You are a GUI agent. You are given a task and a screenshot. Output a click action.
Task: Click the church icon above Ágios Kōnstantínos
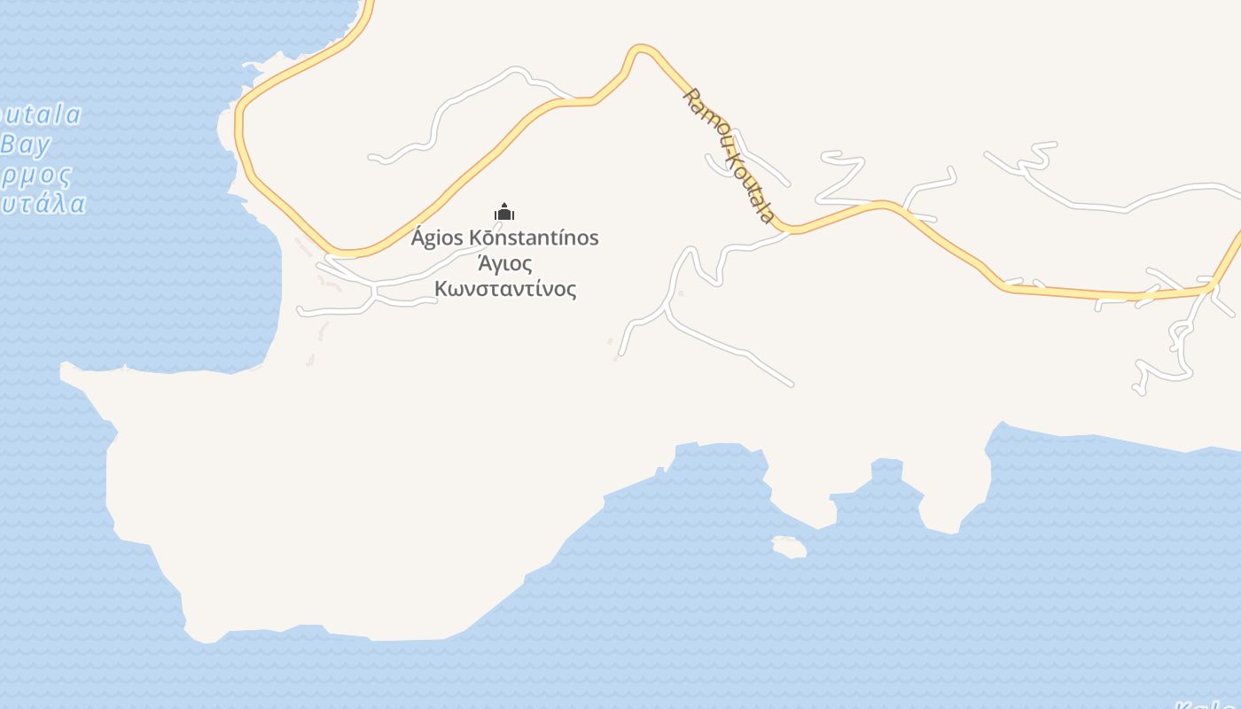(504, 212)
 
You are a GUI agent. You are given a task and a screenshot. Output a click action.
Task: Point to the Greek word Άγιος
(505, 264)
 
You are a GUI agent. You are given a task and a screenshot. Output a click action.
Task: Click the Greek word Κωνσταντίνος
(505, 289)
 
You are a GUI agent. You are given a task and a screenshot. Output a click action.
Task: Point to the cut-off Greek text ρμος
(35, 174)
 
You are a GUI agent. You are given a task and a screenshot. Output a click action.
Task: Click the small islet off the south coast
(789, 546)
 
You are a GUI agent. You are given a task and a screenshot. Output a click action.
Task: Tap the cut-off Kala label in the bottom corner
(1207, 705)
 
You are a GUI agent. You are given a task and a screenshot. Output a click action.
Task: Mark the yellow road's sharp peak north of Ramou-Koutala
(640, 49)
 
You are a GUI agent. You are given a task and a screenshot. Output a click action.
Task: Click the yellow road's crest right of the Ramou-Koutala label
(880, 205)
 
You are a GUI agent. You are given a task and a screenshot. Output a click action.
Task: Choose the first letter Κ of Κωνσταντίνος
(441, 289)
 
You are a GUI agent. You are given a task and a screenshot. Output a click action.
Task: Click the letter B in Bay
(9, 144)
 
